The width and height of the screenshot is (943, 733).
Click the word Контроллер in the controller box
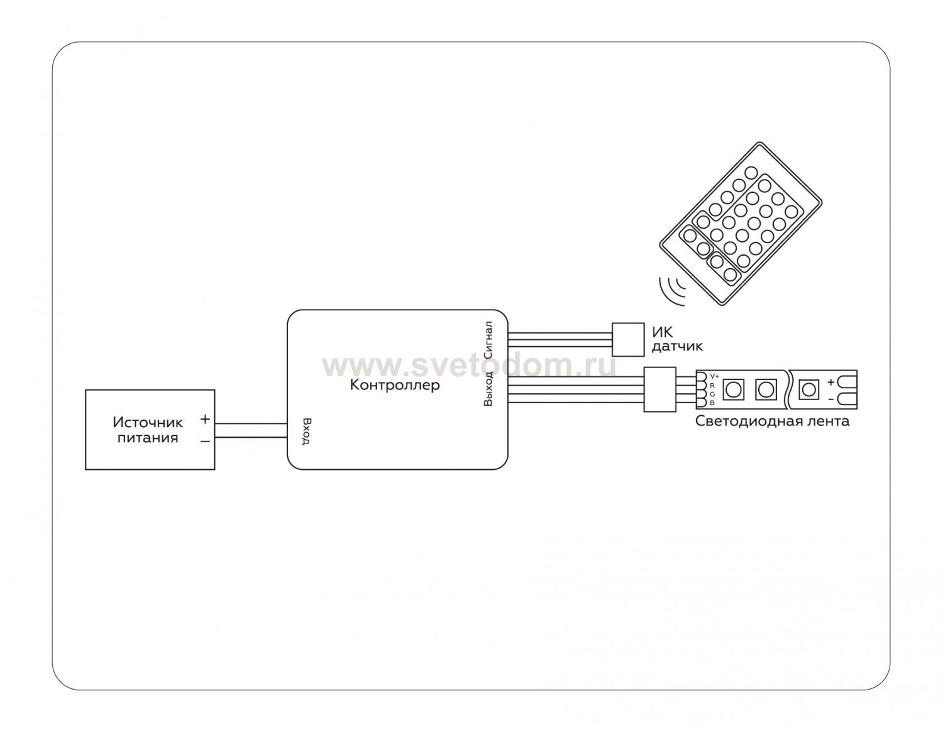pos(395,385)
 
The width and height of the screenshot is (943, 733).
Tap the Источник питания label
pos(148,430)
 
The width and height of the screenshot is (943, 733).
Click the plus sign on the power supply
pos(205,419)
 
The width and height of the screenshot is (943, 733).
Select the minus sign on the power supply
pos(205,442)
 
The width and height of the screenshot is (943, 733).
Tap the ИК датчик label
pos(676,340)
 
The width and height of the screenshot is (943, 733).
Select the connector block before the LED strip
pos(659,389)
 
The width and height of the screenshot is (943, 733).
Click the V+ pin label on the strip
pos(714,376)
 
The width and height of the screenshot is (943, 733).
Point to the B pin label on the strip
pos(712,403)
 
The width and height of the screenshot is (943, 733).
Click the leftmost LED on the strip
pos(732,389)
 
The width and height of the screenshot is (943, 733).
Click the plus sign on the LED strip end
pos(830,381)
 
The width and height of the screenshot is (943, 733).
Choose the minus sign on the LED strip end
pos(830,398)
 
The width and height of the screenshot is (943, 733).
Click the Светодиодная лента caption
pos(772,421)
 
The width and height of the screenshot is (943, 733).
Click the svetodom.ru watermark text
pos(468,365)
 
